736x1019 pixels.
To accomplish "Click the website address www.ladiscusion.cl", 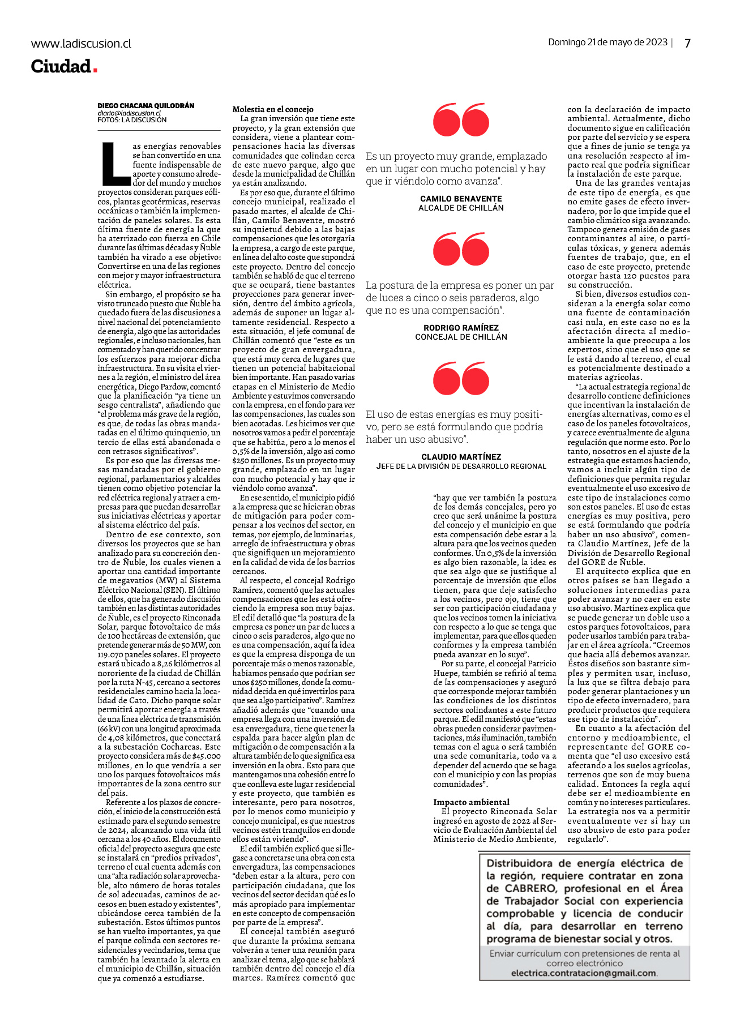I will (81, 44).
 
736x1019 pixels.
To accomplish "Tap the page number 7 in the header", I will (687, 43).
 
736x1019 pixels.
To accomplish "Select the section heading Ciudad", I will (61, 66).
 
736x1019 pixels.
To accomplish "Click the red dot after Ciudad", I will (95, 70).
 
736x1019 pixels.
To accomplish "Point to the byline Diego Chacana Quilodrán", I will (146, 106).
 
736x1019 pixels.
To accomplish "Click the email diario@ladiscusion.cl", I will (129, 113).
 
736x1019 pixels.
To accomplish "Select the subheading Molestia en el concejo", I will (273, 109).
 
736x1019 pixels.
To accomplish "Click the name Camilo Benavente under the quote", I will (461, 199).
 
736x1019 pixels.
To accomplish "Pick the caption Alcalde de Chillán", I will (461, 208).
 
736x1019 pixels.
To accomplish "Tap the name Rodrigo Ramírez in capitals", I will (461, 328).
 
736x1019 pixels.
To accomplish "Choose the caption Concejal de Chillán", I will (461, 337).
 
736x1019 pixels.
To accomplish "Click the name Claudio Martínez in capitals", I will (461, 457).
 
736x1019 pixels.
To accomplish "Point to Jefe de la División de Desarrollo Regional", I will (461, 466).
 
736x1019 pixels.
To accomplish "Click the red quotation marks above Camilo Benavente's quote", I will (461, 120).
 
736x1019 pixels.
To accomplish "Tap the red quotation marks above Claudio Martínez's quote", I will (461, 378).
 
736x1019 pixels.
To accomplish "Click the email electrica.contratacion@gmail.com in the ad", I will (584, 973).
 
